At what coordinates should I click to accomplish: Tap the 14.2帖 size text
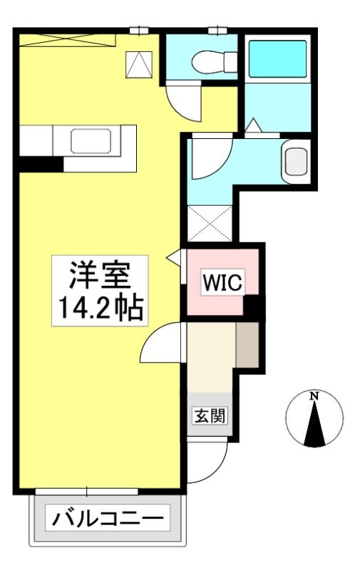point(100,308)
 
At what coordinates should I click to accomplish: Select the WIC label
point(222,281)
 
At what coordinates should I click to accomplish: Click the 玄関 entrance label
point(210,415)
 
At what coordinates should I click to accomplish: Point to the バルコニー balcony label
point(108,517)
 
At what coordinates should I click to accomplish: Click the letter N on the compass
point(314,396)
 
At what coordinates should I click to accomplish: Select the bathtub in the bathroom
point(277,59)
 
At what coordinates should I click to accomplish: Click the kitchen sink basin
point(91,140)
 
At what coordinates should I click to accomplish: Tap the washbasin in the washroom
point(296,162)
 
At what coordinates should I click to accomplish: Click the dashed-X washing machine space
point(210,223)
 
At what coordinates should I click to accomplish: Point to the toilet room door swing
point(184,103)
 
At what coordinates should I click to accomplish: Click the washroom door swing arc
point(212,157)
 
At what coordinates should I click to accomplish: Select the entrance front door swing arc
point(207,462)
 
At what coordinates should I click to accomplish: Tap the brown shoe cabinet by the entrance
point(247,345)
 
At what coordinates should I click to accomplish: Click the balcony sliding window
point(86,492)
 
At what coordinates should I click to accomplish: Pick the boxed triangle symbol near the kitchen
point(139,64)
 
